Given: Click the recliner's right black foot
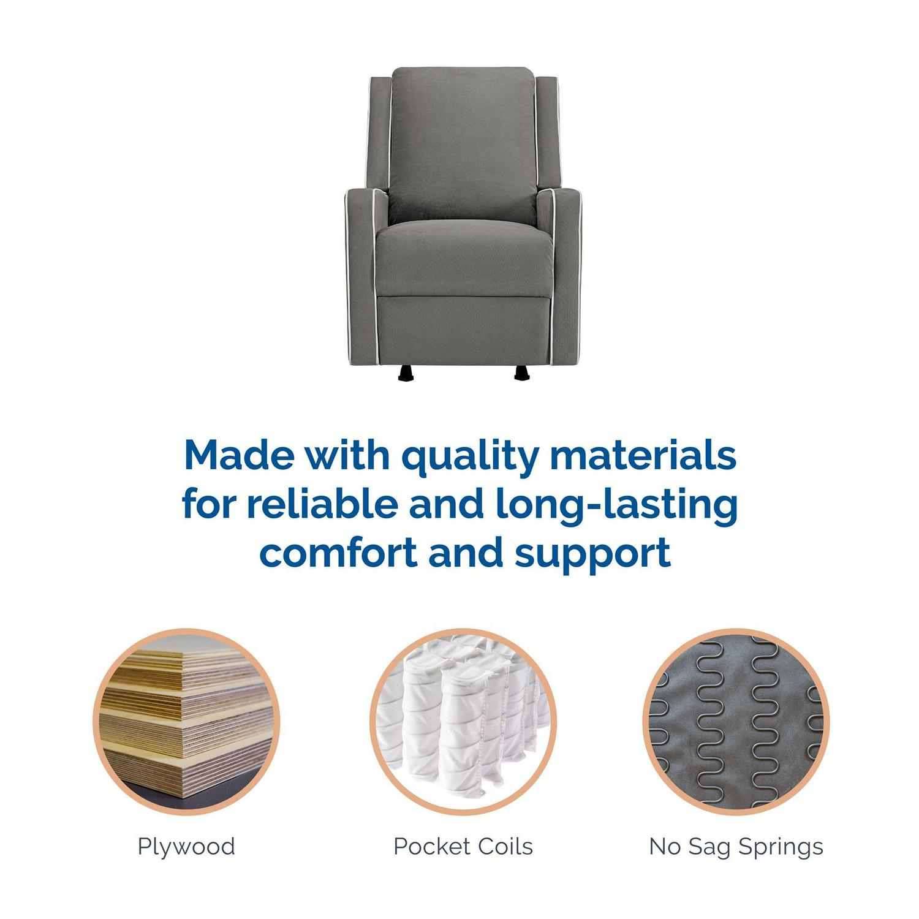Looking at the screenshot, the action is point(522,373).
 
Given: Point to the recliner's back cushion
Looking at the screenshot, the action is point(463,144).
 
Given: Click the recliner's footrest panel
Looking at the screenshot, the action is point(464,330).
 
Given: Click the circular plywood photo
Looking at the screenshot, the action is point(186,722).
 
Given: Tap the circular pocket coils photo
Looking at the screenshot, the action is point(463,722).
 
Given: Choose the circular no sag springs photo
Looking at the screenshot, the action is point(736,722).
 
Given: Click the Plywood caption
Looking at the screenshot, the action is point(186,847).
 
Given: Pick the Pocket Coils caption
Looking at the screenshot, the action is point(463,847).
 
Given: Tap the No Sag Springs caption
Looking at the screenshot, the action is point(736,847).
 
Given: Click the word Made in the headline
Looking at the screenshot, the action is point(239,455).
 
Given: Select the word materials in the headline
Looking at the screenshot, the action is point(643,455).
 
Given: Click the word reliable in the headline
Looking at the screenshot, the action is point(322,504).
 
